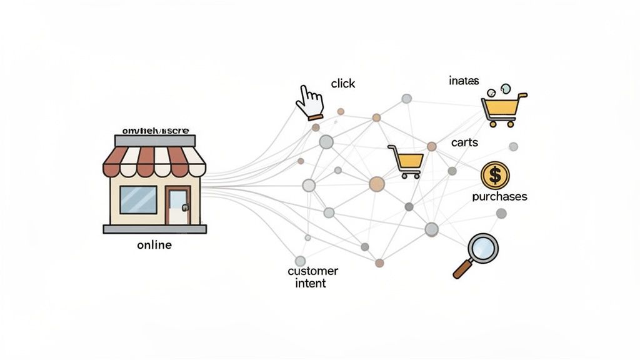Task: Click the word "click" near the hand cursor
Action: (x=342, y=84)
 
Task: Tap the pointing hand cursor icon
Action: (x=309, y=102)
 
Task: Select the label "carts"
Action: (x=464, y=142)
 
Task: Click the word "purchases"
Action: (x=499, y=196)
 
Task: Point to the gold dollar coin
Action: (x=495, y=176)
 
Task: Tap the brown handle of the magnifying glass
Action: (x=462, y=269)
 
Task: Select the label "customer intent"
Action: (x=312, y=277)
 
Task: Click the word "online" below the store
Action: (x=154, y=245)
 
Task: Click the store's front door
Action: (x=178, y=206)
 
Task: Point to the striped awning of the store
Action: (x=154, y=161)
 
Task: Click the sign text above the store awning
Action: (x=154, y=131)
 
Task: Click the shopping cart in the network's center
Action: (x=406, y=161)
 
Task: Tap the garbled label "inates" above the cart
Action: (x=464, y=81)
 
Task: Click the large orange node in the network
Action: (x=377, y=184)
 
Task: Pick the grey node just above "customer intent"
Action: (x=300, y=261)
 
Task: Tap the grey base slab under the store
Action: (x=154, y=229)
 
